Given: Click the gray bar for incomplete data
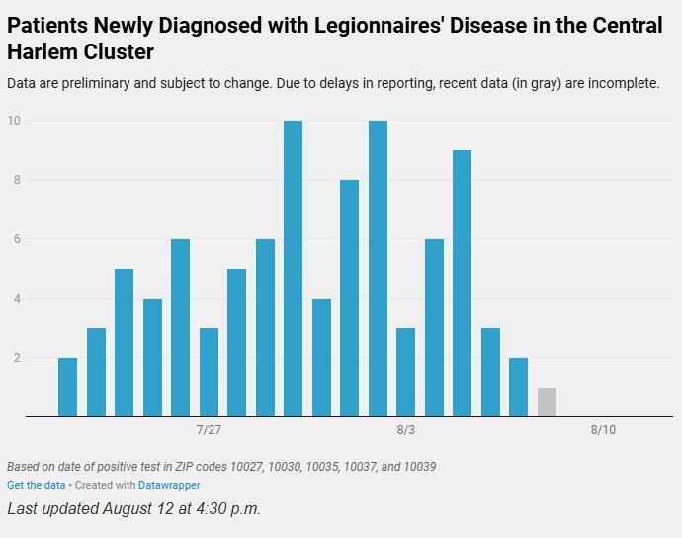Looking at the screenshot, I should tap(547, 403).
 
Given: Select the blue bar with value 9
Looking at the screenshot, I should tap(463, 283).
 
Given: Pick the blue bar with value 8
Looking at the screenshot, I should tap(349, 298).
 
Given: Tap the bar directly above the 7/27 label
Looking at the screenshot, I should tap(209, 372).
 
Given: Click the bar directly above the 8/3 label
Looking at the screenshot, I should tap(405, 372).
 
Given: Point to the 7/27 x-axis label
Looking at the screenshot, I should tap(209, 430).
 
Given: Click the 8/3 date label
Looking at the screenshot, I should tap(405, 430).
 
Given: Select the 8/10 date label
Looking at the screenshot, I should tap(603, 430).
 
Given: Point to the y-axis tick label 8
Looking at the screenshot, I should tap(16, 180).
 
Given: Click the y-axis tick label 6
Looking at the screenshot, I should tap(16, 239).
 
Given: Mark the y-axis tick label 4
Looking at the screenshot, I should tap(16, 299).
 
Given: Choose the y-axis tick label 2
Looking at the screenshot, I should tap(16, 358).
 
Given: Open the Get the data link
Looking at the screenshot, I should tap(36, 485).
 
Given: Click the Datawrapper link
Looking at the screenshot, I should tap(168, 485).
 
